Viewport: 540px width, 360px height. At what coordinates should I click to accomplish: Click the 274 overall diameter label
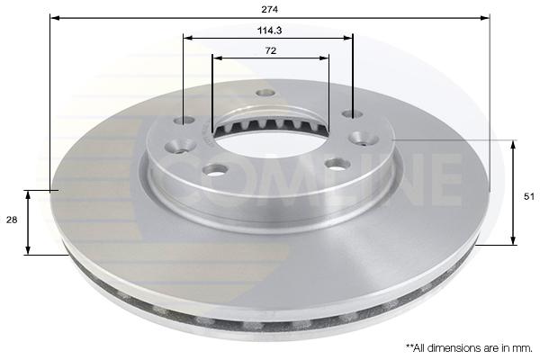pyautogui.click(x=269, y=9)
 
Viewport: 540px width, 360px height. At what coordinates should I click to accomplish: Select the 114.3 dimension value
pyautogui.click(x=269, y=31)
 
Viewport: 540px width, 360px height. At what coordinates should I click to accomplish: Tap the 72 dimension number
pyautogui.click(x=271, y=50)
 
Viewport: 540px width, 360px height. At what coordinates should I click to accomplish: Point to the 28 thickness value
pyautogui.click(x=12, y=220)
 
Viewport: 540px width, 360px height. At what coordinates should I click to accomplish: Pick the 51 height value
pyautogui.click(x=528, y=196)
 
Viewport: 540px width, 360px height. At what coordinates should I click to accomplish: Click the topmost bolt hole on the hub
pyautogui.click(x=265, y=93)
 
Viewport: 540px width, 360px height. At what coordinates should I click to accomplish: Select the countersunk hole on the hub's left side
pyautogui.click(x=180, y=146)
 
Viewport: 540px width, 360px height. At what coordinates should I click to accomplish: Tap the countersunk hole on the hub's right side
pyautogui.click(x=364, y=138)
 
